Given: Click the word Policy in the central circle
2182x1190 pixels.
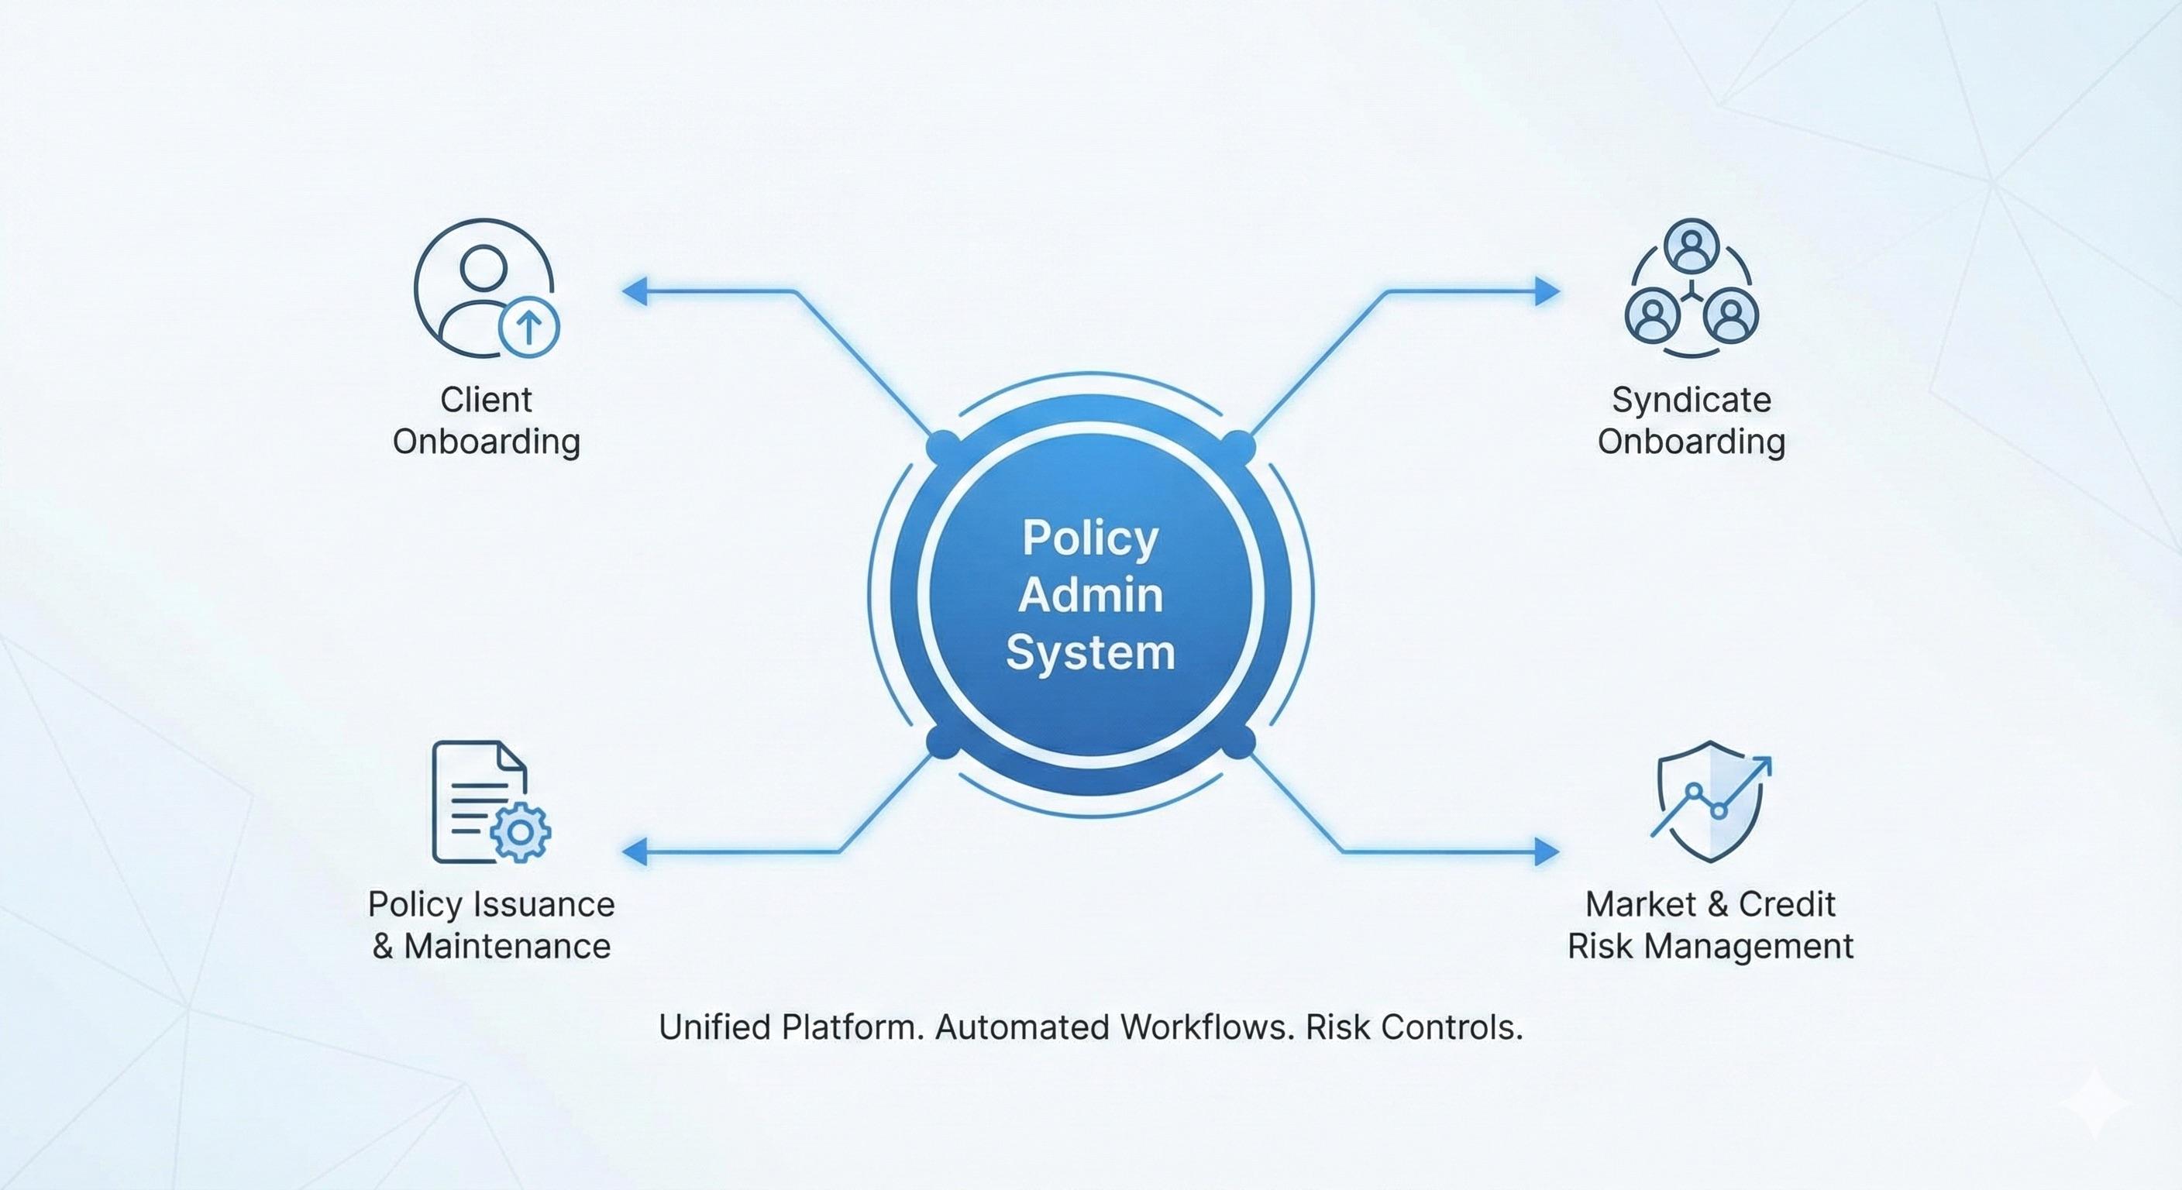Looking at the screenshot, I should [x=1089, y=538].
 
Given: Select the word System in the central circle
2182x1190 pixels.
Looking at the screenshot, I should [x=1090, y=653].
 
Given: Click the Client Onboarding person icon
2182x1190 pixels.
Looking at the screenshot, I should [x=483, y=288].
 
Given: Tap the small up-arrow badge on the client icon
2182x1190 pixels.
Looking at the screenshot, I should [x=528, y=326].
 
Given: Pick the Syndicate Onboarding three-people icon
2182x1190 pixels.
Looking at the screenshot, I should [x=1691, y=288].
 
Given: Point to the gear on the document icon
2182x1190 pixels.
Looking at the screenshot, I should [x=520, y=832].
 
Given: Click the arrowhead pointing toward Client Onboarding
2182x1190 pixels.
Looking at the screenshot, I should [x=635, y=291].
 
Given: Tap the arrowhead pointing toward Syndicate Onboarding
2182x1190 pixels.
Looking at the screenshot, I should [x=1547, y=291].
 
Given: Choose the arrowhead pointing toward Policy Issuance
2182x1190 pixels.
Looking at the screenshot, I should [x=635, y=851].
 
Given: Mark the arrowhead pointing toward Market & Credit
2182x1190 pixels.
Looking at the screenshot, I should [x=1547, y=851].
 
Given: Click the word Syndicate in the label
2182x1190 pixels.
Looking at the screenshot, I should [x=1691, y=400].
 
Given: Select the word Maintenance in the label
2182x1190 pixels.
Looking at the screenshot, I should [x=507, y=946].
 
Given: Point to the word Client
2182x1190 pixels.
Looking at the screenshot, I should [x=485, y=400].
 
